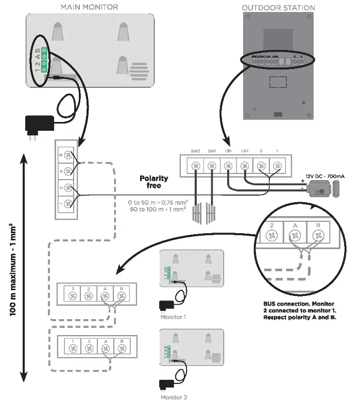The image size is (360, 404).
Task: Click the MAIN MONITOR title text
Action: coord(89,7)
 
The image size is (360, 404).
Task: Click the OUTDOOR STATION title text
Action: coord(278,7)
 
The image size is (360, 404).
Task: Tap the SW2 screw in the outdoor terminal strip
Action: coord(195,166)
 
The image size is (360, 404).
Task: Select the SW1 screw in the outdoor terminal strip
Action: coord(212,166)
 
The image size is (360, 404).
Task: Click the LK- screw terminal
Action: coord(228,166)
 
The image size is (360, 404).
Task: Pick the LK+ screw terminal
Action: coord(245,166)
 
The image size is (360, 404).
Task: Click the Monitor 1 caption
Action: coord(173,317)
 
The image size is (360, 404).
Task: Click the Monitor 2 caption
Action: coord(173,397)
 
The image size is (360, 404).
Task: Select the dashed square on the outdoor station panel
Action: coord(278,83)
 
